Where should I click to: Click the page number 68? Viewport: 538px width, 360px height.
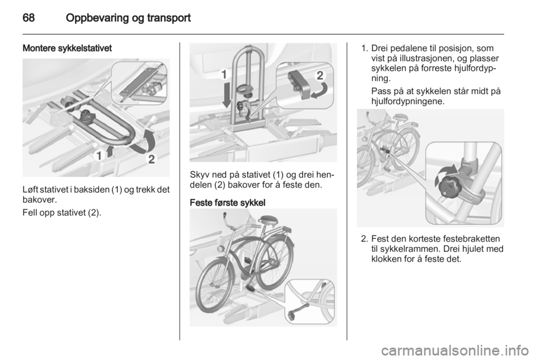click(x=29, y=17)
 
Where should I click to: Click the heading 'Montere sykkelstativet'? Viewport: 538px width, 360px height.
click(x=67, y=48)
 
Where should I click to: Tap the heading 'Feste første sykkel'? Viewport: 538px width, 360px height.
click(x=228, y=203)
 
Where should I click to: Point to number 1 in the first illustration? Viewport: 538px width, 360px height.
click(x=99, y=156)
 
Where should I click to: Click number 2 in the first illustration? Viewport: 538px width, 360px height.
click(x=151, y=159)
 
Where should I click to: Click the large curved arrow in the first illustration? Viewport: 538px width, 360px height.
click(x=143, y=142)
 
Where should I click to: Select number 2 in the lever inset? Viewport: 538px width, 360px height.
click(x=320, y=75)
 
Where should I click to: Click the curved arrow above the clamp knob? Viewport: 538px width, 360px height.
click(x=447, y=172)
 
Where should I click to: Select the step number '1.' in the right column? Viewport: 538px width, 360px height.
click(x=365, y=48)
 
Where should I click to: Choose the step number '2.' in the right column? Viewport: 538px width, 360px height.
click(x=365, y=239)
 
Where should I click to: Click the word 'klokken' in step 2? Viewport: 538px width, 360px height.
click(x=387, y=259)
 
